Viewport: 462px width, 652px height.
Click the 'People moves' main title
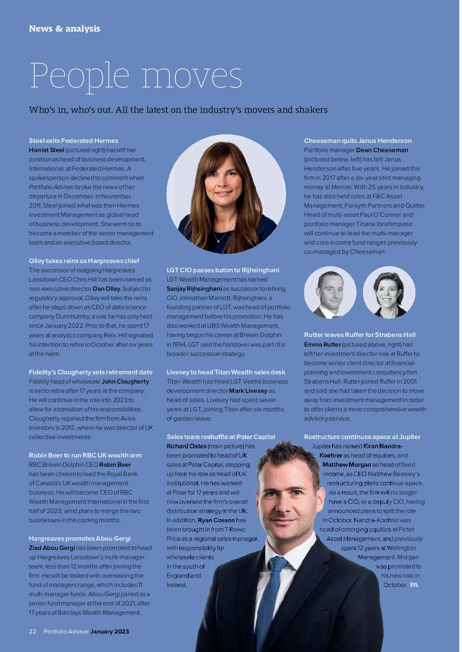pyautogui.click(x=136, y=76)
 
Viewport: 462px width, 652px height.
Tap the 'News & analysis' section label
pyautogui.click(x=64, y=28)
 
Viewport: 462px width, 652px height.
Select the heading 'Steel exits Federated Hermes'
pyautogui.click(x=74, y=141)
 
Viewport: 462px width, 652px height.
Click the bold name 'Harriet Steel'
pyautogui.click(x=46, y=150)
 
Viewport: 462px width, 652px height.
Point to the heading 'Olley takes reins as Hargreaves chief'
pyautogui.click(x=84, y=261)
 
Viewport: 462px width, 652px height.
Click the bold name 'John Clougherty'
pyautogui.click(x=125, y=381)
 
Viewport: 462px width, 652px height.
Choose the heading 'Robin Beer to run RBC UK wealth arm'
pyautogui.click(x=85, y=455)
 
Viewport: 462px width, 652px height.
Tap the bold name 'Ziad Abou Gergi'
pyautogui.click(x=52, y=548)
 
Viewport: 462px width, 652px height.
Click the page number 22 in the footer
pyautogui.click(x=32, y=631)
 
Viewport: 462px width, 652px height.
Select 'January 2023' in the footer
pyautogui.click(x=110, y=631)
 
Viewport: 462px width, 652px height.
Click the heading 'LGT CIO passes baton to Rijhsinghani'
pyautogui.click(x=223, y=270)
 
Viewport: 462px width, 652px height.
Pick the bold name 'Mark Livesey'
pyautogui.click(x=248, y=391)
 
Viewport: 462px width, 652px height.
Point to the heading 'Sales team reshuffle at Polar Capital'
pyautogui.click(x=221, y=437)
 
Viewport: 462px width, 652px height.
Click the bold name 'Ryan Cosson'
pyautogui.click(x=216, y=520)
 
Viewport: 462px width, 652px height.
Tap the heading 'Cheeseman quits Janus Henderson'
pyautogui.click(x=358, y=141)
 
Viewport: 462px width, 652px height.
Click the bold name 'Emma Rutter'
pyautogui.click(x=322, y=344)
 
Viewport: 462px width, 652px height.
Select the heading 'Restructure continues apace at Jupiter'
pyautogui.click(x=362, y=437)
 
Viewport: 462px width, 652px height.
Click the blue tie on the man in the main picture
pyautogui.click(x=269, y=601)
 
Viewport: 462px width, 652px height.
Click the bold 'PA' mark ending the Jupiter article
pyautogui.click(x=414, y=585)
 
